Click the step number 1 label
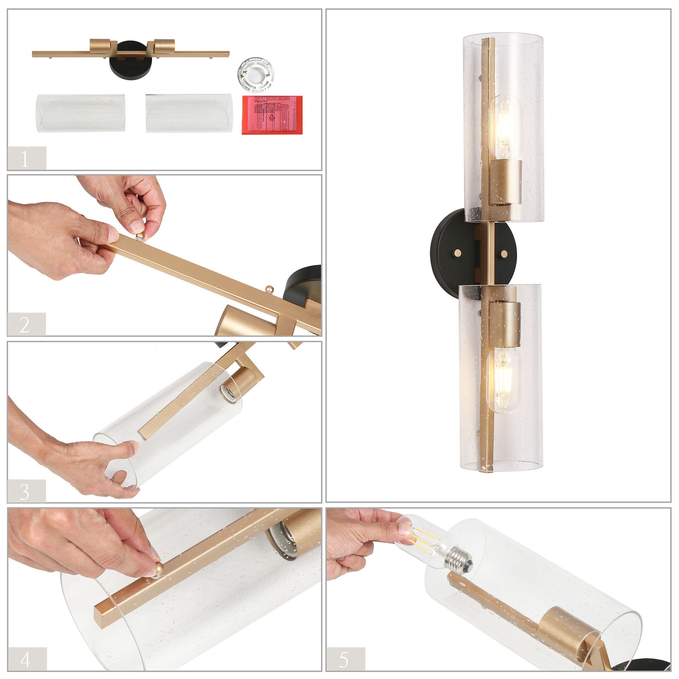pos(24,159)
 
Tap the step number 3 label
pos(24,492)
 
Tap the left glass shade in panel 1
pos(81,112)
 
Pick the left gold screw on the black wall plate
pos(457,252)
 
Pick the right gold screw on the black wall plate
pos(505,252)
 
